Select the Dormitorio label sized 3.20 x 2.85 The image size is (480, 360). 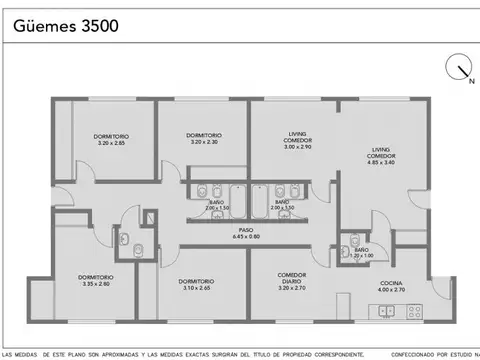pyautogui.click(x=112, y=139)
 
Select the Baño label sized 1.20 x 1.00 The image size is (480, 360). pyautogui.click(x=361, y=252)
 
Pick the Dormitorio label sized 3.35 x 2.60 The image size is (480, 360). pyautogui.click(x=97, y=280)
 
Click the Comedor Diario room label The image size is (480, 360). pyautogui.click(x=292, y=280)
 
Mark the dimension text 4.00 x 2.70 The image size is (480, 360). pyautogui.click(x=391, y=292)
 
